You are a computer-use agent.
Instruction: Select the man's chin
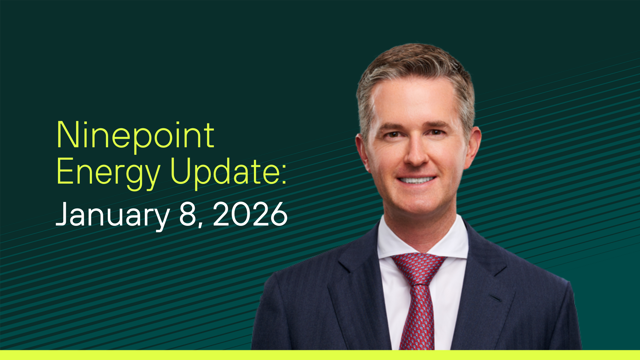click(418, 207)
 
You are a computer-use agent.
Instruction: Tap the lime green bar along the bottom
click(320, 355)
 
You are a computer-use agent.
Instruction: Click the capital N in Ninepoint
click(67, 135)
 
